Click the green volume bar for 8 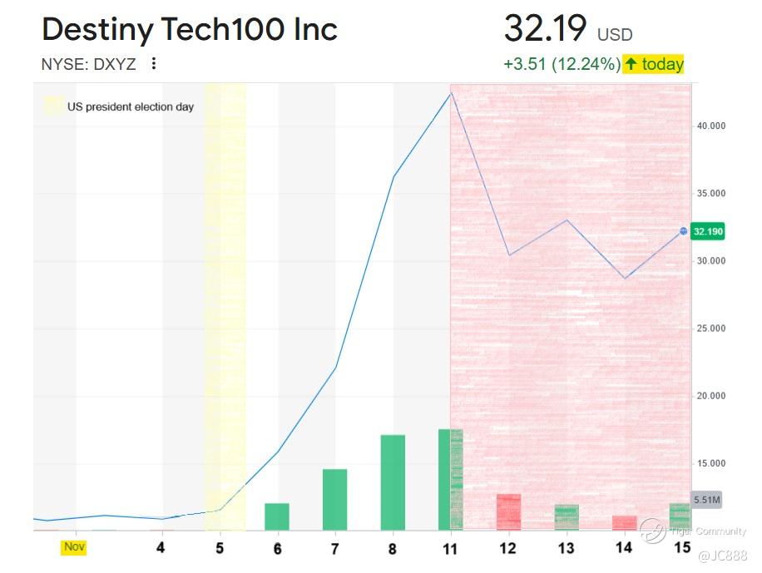(x=393, y=482)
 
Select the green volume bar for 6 (x=277, y=516)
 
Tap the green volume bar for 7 (x=334, y=499)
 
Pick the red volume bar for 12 (x=508, y=511)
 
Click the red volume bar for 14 (x=624, y=522)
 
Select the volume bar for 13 (x=567, y=516)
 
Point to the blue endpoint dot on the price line (x=684, y=231)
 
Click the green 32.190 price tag (x=707, y=232)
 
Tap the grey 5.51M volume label (x=707, y=500)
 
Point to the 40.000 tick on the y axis (x=711, y=126)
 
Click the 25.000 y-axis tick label (x=711, y=328)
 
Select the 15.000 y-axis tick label (x=711, y=463)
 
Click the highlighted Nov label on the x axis (x=75, y=547)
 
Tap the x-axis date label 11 (x=450, y=549)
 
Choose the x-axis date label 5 (x=220, y=549)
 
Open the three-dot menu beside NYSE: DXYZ (x=153, y=64)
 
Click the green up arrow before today (x=631, y=64)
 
